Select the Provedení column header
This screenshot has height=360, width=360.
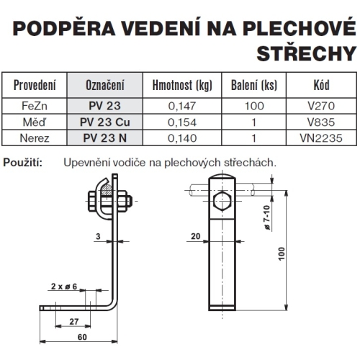(35, 86)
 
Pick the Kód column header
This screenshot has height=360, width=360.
(321, 86)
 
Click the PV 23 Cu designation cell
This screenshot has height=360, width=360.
(104, 120)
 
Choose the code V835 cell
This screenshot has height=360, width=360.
(321, 120)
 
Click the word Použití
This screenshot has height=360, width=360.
(23, 163)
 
